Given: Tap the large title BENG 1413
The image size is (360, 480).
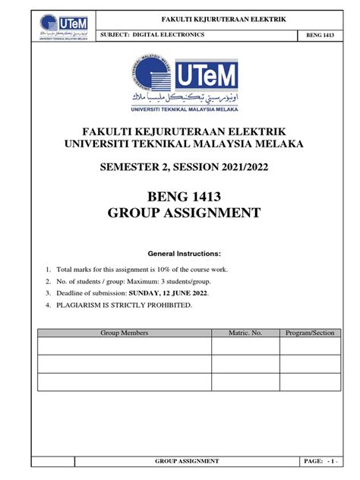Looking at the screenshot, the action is point(179,200).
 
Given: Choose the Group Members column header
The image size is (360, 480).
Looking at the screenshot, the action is point(125,333).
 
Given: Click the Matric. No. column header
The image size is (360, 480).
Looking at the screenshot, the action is point(246,333).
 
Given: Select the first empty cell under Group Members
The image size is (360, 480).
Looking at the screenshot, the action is point(125,346).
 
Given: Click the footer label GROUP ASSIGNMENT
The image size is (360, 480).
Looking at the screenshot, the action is point(187,461).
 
